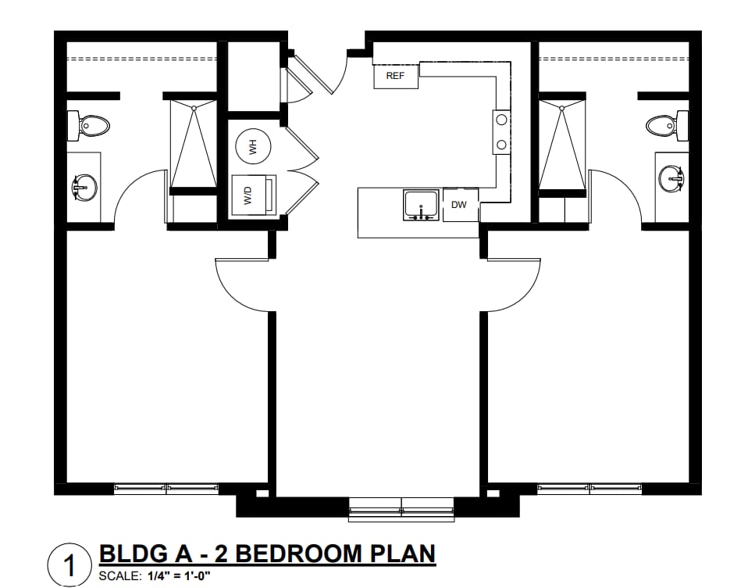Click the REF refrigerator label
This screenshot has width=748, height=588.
pyautogui.click(x=395, y=76)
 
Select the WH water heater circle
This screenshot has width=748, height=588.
pyautogui.click(x=253, y=146)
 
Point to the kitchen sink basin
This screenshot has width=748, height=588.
pyautogui.click(x=421, y=205)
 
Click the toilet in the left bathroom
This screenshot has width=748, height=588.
pyautogui.click(x=87, y=126)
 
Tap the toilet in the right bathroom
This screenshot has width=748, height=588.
pyautogui.click(x=668, y=126)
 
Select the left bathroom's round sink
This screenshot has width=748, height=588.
pyautogui.click(x=84, y=187)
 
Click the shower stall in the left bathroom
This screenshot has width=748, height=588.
pyautogui.click(x=194, y=144)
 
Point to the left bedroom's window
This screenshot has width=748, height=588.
pyautogui.click(x=166, y=488)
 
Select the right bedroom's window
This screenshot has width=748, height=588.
pyautogui.click(x=589, y=488)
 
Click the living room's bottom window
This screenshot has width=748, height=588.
pyautogui.click(x=401, y=509)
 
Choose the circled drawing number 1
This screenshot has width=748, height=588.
pyautogui.click(x=69, y=565)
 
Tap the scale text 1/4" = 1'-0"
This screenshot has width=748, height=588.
pyautogui.click(x=179, y=575)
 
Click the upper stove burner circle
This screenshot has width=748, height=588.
pyautogui.click(x=501, y=120)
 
